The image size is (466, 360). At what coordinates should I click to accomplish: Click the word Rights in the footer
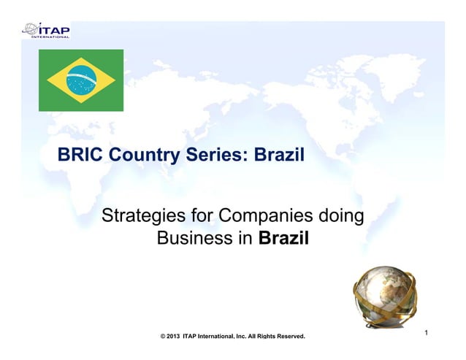click(x=256, y=337)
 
